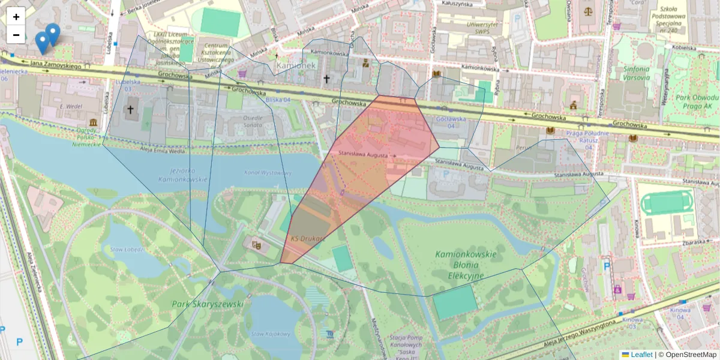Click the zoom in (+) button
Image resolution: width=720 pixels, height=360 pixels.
tap(16, 17)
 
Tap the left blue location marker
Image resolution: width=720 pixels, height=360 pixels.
tap(42, 41)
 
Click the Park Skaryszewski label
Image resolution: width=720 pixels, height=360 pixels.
tap(208, 304)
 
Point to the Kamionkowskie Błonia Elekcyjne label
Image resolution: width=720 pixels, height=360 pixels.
tap(466, 265)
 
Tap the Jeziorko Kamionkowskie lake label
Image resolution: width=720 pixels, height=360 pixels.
tap(183, 174)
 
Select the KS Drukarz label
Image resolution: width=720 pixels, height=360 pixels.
tap(308, 239)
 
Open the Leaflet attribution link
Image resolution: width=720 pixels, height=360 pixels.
tap(641, 355)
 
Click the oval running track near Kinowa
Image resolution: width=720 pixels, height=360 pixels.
tap(666, 203)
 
